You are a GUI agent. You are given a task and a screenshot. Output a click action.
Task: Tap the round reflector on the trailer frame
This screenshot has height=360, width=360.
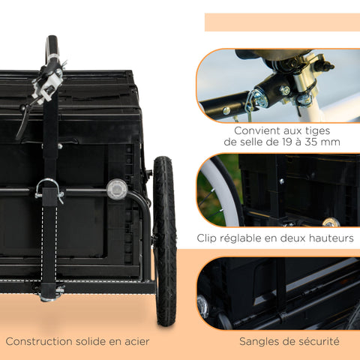click(115, 189)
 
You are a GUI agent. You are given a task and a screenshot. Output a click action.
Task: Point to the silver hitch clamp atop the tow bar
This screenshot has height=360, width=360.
click(51, 75)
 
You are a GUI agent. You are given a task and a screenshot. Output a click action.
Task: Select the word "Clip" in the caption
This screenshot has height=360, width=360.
click(211, 238)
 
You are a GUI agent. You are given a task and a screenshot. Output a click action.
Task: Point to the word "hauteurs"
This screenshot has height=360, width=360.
click(327, 238)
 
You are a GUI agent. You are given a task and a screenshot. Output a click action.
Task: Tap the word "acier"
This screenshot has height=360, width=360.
click(134, 341)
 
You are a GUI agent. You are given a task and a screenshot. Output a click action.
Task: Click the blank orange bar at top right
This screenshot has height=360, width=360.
click(282, 22)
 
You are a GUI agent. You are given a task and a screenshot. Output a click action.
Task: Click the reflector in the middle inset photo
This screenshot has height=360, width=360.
click(330, 222)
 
